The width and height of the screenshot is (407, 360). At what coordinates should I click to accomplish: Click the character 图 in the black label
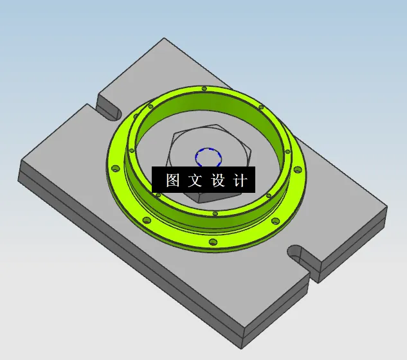tap(172, 181)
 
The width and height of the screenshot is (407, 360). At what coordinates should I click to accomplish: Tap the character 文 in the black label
tap(195, 181)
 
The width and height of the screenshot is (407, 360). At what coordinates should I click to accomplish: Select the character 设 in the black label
tap(217, 181)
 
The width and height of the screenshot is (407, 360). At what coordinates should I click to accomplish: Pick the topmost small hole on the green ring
tap(204, 88)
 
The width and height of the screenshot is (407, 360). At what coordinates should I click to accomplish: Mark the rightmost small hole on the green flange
tap(297, 170)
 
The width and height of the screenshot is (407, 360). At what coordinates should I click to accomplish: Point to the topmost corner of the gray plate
tap(165, 40)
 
